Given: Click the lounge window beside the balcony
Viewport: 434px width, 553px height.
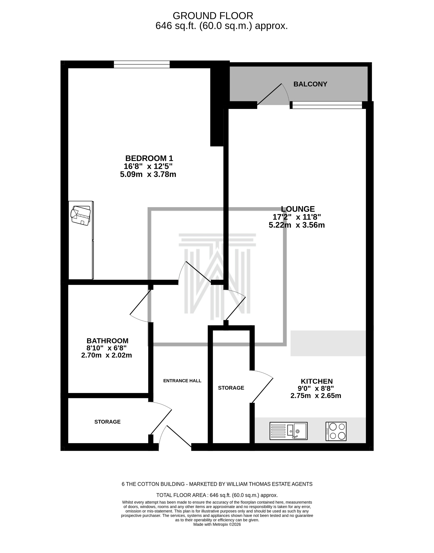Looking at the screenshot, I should pos(327,105).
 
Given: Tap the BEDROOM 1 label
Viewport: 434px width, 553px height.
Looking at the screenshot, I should pos(149,158).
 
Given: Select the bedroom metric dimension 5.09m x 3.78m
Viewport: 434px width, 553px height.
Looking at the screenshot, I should pos(148,175).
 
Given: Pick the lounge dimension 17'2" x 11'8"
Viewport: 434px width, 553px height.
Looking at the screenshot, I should pos(297,217).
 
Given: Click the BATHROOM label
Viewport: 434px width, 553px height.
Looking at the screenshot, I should pos(107,341).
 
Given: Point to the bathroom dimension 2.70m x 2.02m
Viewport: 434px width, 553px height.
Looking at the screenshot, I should pos(106,355).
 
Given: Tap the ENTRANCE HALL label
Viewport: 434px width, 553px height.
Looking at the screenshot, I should pos(182,381).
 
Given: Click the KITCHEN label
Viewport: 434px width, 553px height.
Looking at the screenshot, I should pos(317,381).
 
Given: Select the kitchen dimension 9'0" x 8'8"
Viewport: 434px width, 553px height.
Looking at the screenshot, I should pos(316,388).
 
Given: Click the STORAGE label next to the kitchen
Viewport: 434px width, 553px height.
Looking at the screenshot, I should pos(231,388).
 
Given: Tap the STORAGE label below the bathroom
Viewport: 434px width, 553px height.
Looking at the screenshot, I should pos(107,422).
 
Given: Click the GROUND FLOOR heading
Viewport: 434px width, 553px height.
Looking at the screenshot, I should pos(213,16).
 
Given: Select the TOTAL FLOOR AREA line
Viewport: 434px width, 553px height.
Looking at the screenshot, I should pos(217,495).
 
